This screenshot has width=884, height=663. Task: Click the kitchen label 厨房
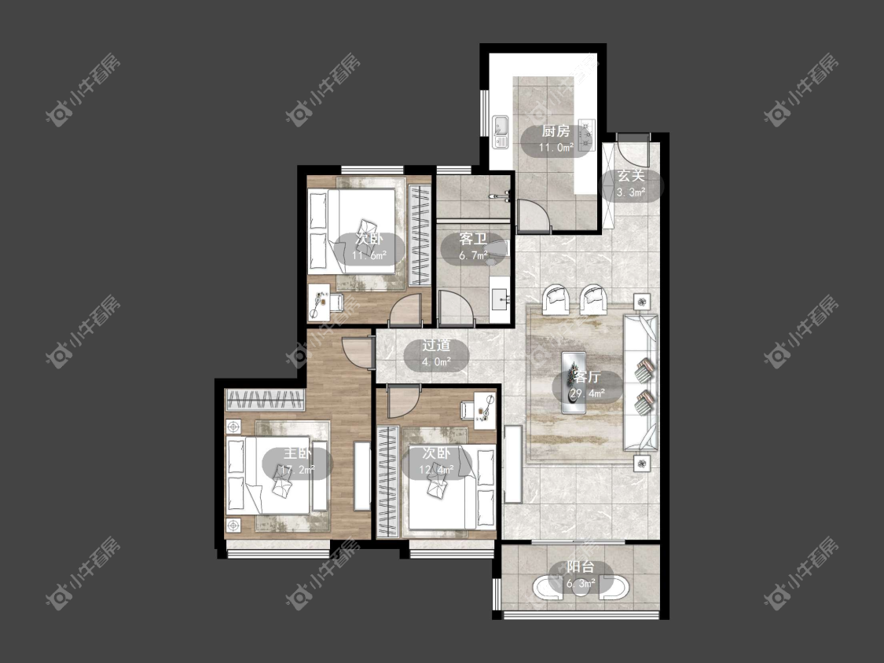point(556,131)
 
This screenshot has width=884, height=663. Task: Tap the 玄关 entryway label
point(631,175)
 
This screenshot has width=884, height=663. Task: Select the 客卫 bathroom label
point(473,239)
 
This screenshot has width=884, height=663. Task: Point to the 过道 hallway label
point(436,346)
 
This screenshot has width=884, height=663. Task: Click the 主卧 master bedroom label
point(297,453)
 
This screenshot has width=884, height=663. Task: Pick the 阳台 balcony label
point(580,567)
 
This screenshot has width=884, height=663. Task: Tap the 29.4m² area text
point(588,394)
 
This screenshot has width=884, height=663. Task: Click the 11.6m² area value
point(369,255)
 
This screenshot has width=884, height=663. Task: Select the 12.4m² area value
point(436,470)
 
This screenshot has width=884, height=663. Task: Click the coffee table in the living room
point(574,383)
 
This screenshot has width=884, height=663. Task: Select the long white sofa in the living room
point(640,383)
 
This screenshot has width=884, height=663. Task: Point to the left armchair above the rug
point(556,299)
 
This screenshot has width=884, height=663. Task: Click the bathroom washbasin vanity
point(500,293)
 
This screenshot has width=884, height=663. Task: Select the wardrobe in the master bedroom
point(264,400)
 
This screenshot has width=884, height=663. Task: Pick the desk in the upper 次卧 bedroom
point(319,302)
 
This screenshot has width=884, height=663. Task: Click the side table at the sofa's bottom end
point(641,463)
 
